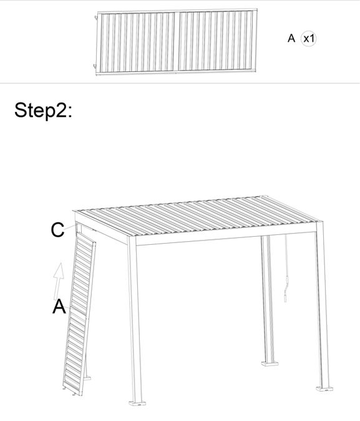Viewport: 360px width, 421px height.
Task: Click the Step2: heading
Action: tap(43, 111)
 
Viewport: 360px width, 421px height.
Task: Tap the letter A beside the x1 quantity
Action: tap(291, 38)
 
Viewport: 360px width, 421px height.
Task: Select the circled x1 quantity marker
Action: tap(308, 39)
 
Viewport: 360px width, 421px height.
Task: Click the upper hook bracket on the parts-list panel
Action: tap(95, 17)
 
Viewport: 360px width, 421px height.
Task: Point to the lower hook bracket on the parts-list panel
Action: tap(94, 66)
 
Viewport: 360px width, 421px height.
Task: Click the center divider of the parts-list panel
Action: tap(176, 41)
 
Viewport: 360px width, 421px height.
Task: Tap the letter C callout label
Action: tap(57, 230)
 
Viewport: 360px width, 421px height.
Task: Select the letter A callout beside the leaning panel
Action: tap(59, 307)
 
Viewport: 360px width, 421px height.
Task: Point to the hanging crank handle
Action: tap(286, 269)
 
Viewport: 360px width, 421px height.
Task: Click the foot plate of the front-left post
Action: tap(138, 404)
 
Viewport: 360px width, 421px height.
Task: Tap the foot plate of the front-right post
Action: tap(324, 389)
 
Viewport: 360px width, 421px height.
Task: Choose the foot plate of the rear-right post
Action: tap(270, 364)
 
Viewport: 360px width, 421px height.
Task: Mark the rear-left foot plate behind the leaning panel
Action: tap(87, 379)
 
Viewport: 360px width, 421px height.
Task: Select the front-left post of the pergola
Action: tap(135, 320)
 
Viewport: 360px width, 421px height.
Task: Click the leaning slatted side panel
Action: tap(79, 314)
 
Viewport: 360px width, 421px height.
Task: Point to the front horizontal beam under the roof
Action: tap(225, 238)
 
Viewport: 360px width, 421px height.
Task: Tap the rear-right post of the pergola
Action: tap(268, 299)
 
